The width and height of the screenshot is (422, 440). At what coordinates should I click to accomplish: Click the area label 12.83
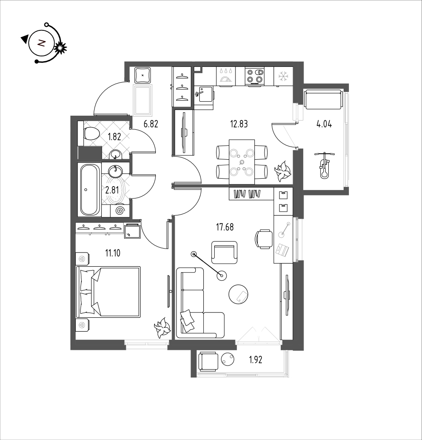point(239,124)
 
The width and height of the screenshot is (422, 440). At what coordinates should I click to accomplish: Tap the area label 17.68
point(225,227)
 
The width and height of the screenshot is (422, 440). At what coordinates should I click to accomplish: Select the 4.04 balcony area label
point(324,124)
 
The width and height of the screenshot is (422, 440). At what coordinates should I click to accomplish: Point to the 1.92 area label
point(256,360)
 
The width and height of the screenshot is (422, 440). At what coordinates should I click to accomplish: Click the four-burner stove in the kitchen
point(255,76)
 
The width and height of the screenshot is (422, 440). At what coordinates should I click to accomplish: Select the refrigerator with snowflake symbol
point(283,76)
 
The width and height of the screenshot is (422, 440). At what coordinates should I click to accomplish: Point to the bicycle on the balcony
point(325,165)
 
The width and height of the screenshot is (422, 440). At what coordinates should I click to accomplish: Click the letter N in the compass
point(41,43)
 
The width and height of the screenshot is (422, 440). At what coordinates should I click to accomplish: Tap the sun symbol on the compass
point(60,48)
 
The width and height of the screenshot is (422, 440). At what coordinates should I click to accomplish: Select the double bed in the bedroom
point(108,292)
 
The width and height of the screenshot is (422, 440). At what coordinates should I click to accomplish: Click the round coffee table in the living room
point(239,294)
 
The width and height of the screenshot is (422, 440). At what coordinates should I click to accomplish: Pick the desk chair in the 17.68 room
point(264,239)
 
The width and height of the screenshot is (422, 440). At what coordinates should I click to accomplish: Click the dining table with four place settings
point(242,162)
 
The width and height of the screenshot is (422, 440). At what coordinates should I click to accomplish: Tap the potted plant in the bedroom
point(162,327)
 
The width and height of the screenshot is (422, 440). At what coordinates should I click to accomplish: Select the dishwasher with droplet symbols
point(226,76)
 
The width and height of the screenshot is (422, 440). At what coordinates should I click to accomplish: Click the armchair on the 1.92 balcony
point(208,362)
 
